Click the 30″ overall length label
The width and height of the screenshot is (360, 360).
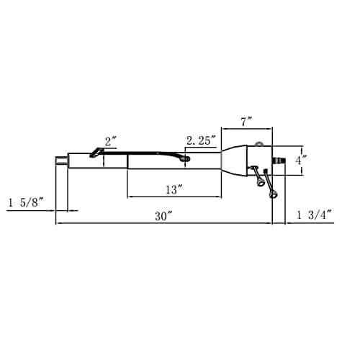tap(163, 216)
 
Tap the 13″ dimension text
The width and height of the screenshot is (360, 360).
tap(175, 190)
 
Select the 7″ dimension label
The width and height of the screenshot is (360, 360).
tap(247, 122)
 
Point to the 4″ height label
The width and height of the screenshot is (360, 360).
tap(301, 160)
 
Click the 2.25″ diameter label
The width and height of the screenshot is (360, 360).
tap(201, 140)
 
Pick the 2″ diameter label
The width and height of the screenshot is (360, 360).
tap(111, 141)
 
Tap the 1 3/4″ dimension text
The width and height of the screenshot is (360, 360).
tap(315, 215)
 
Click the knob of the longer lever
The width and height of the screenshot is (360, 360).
tap(273, 194)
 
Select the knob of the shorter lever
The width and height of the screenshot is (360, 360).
tap(260, 182)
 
